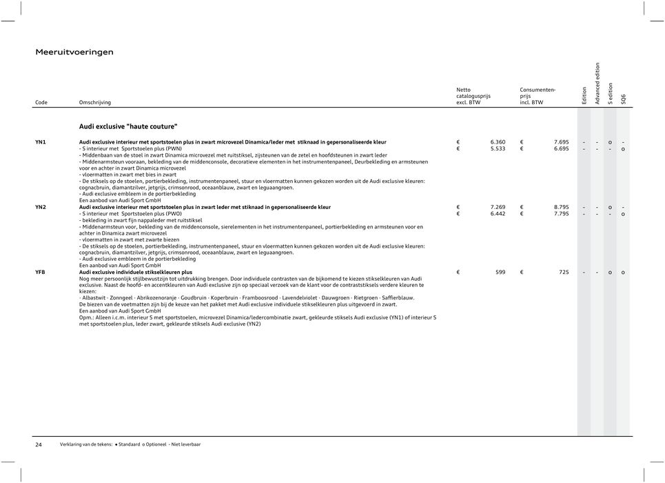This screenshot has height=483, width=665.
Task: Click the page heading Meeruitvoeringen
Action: [74, 52]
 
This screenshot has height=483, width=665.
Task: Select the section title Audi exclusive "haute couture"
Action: [128, 126]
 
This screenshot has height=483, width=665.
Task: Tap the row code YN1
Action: [41, 141]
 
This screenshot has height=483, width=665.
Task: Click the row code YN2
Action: [41, 207]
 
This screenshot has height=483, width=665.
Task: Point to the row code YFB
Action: [41, 273]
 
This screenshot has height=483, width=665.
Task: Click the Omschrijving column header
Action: [95, 103]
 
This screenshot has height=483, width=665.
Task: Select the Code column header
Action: [41, 103]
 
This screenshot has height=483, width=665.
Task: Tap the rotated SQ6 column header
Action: [624, 99]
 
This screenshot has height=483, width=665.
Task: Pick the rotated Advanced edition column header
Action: [597, 84]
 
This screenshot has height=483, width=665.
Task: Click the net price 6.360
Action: [497, 142]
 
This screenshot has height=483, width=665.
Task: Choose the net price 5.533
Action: [497, 148]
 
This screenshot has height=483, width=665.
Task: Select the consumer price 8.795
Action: [560, 207]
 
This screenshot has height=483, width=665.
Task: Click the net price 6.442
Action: [497, 214]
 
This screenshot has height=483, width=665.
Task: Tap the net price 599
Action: [500, 273]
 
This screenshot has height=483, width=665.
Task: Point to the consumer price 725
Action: [564, 273]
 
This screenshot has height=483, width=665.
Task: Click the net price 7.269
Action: [497, 207]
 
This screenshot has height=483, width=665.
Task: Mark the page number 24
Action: [39, 445]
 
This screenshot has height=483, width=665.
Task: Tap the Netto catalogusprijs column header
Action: [473, 96]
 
